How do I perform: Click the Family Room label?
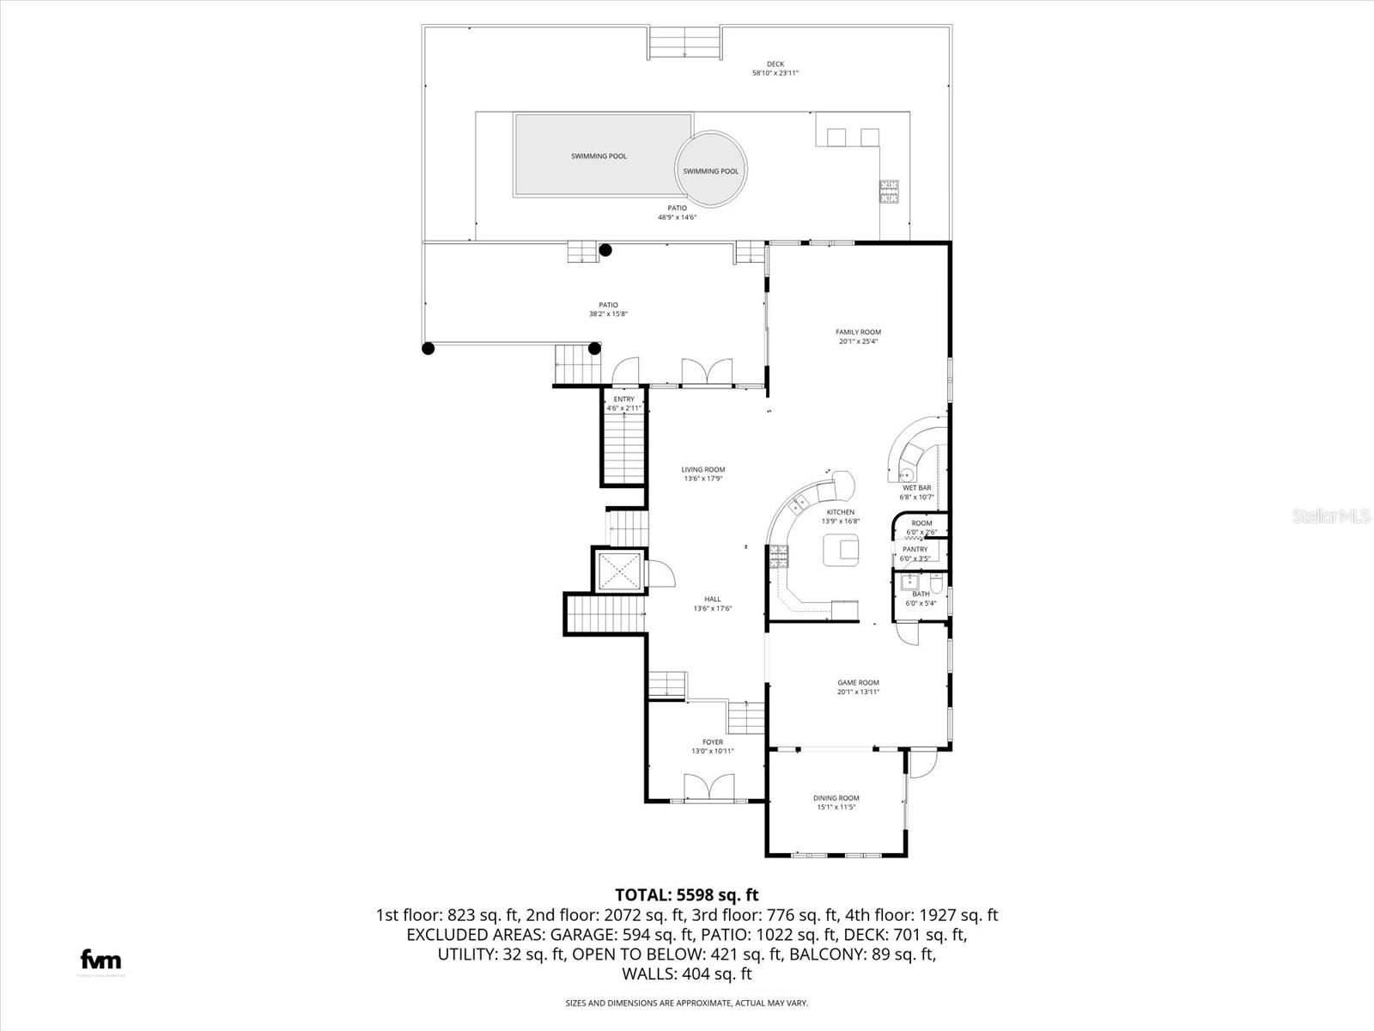click(858, 332)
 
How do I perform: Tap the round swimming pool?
click(710, 169)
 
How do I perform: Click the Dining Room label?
click(836, 798)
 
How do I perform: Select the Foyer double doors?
click(709, 789)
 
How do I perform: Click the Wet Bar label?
click(916, 488)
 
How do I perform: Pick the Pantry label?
click(915, 549)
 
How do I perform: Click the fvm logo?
click(100, 960)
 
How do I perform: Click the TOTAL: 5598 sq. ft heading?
click(687, 895)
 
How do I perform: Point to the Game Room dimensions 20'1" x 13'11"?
click(858, 692)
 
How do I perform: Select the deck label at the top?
click(775, 64)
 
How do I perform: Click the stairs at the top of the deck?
click(684, 42)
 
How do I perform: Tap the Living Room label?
click(702, 470)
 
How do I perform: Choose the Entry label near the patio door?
click(623, 400)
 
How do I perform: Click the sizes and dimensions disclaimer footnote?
click(686, 1003)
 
